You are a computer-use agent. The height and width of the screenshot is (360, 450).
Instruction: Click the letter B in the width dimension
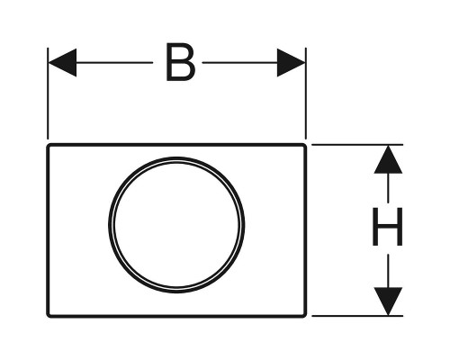[x=181, y=62]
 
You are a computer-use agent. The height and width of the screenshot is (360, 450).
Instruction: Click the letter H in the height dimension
[x=387, y=227]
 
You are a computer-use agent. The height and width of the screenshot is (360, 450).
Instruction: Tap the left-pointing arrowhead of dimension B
[x=62, y=62]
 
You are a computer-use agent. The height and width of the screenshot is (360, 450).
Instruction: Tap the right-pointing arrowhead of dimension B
[x=291, y=62]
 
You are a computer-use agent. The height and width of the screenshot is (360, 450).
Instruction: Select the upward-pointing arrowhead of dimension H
[x=388, y=159]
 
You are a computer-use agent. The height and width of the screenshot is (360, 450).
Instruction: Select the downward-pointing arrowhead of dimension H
[x=388, y=301]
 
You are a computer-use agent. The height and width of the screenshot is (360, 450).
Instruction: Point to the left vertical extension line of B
[x=48, y=94]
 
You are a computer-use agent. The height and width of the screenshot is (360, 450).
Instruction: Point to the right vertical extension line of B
[x=306, y=94]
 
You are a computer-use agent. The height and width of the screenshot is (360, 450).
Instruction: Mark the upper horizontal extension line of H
[x=357, y=145]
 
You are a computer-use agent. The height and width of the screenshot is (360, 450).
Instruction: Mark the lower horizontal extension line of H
[x=357, y=316]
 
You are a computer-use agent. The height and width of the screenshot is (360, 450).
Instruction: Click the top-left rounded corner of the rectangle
[x=48, y=146]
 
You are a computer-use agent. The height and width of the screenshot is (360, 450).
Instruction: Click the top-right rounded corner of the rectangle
[x=305, y=146]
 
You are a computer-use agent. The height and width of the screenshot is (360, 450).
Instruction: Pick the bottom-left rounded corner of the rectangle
[x=48, y=316]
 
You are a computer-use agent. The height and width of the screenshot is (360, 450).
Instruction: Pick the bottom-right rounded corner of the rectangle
[x=305, y=316]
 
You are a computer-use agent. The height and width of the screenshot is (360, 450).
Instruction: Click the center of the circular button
[x=176, y=225]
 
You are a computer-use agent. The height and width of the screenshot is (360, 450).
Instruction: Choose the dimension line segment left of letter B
[x=114, y=62]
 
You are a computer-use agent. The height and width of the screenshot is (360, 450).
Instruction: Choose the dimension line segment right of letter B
[x=240, y=62]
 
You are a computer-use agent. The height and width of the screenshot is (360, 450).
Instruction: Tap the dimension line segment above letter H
[x=388, y=187]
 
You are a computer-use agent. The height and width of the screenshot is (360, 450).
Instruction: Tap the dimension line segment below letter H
[x=388, y=271]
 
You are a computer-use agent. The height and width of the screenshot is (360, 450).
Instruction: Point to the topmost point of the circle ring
[x=176, y=157]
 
